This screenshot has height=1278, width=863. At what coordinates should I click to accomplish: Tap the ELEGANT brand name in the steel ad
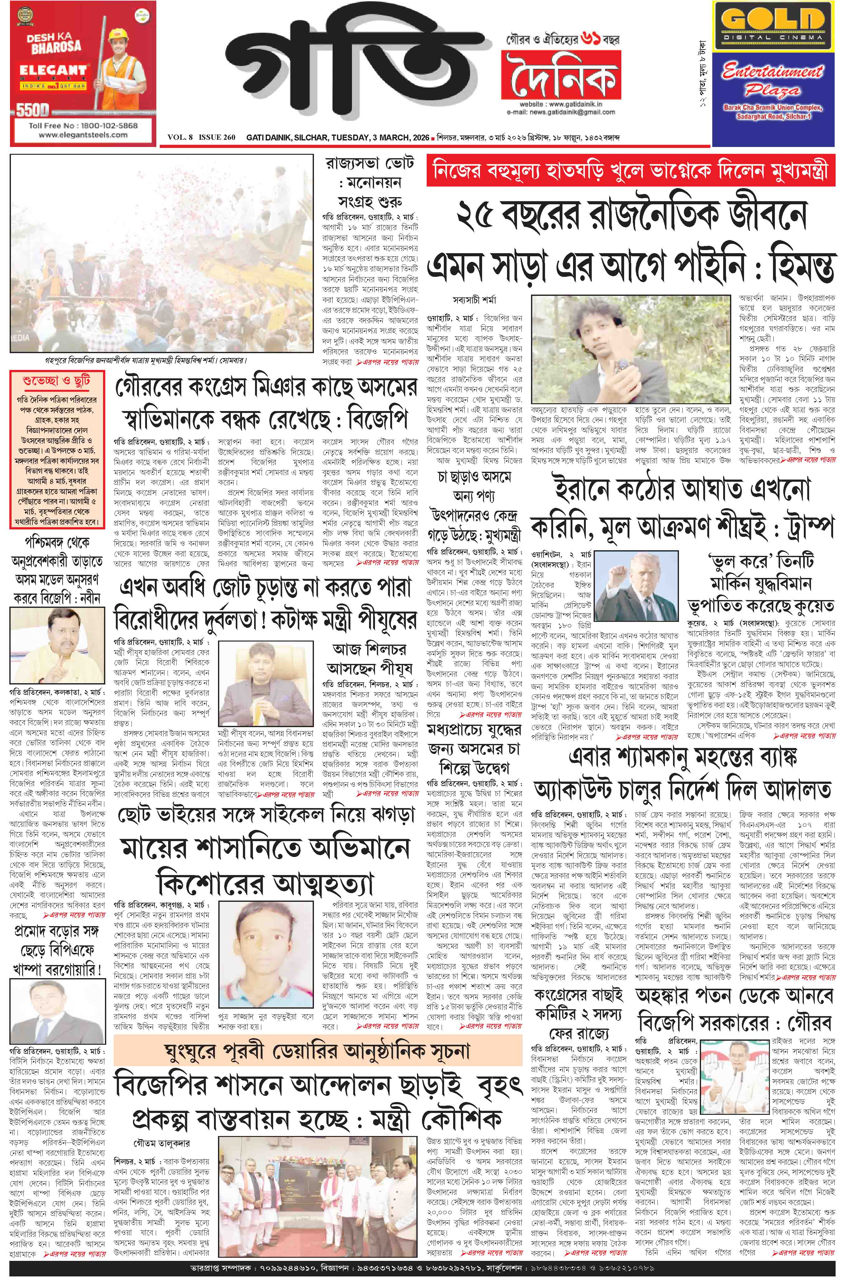click(53, 70)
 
